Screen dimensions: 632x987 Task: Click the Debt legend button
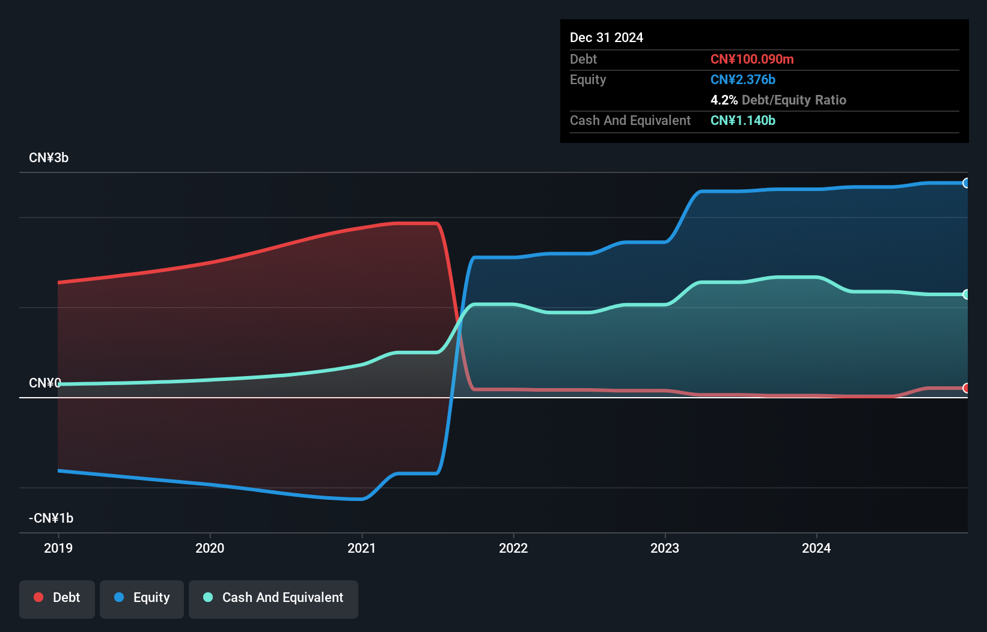coord(57,598)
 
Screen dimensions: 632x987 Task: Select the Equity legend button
coord(142,598)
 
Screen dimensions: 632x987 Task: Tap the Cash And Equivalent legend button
coord(273,598)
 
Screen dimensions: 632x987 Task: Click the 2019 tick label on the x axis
coord(58,548)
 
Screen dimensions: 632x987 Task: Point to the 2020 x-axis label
coord(210,548)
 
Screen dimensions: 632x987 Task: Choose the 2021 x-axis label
coord(361,548)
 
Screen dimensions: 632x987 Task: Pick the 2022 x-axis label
coord(513,548)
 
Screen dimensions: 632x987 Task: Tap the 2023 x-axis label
coord(665,548)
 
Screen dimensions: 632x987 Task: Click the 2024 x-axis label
coord(816,548)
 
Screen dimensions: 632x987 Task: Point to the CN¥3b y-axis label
coord(49,158)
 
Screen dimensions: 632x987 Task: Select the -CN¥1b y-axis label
coord(51,518)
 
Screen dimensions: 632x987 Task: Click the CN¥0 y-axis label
coord(45,383)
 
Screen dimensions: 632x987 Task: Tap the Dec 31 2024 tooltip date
coord(607,38)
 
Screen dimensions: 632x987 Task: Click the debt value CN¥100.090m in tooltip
coord(752,59)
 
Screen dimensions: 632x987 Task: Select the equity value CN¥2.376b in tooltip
coord(743,80)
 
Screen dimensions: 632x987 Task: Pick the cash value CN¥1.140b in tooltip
coord(743,121)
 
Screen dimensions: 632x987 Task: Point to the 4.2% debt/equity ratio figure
coord(724,100)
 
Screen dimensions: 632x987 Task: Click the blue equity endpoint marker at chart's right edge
coord(966,183)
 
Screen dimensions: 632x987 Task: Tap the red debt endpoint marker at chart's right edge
coord(966,388)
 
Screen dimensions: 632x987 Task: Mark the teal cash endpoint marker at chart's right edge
coord(966,294)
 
